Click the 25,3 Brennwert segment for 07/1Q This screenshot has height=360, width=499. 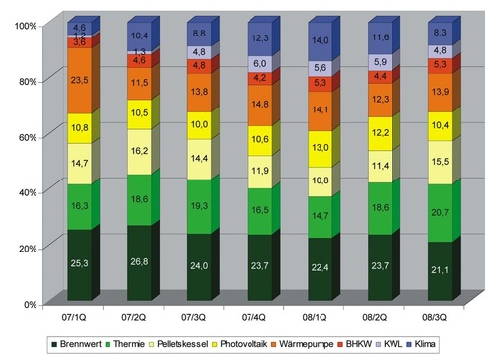79,264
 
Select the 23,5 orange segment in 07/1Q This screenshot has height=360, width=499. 79,81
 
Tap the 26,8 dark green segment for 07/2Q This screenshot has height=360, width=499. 139,262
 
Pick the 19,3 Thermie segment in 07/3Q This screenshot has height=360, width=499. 199,206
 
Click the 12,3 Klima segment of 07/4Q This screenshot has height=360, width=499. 260,38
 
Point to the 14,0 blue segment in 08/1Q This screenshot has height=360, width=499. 321,41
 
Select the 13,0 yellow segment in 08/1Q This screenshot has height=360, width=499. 321,148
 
